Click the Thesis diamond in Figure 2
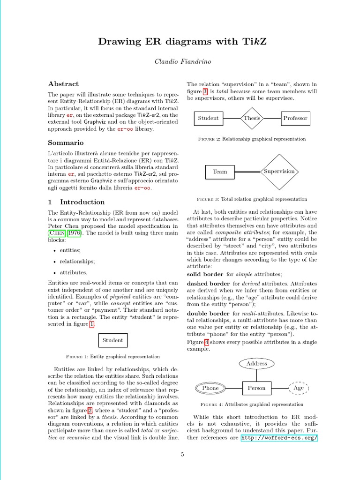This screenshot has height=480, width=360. pos(252,118)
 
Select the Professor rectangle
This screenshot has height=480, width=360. pos(295,118)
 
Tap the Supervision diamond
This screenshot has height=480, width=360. pos(279,172)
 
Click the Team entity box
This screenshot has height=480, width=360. pos(220,172)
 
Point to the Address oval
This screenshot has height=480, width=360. pos(256,363)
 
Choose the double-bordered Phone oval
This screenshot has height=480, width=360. pos(210,388)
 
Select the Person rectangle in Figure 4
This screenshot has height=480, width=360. pos(256,388)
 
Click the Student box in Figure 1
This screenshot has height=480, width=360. pos(112,340)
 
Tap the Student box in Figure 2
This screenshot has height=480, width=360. pos(208,118)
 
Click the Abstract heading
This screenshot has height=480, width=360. pos(63,84)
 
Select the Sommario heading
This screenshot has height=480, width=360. pos(66,142)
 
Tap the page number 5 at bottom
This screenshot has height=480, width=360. pos(183,454)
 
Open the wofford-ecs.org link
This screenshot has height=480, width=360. pos(279,438)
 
